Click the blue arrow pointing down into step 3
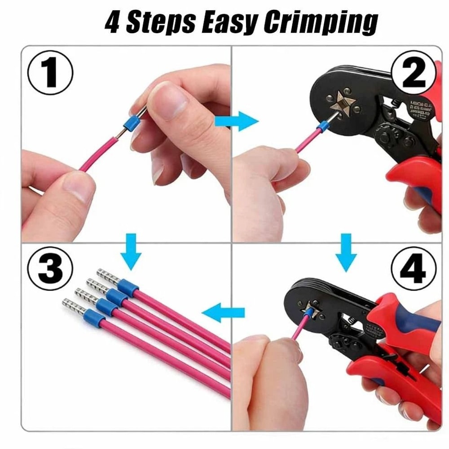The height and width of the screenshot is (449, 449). (131, 252)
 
